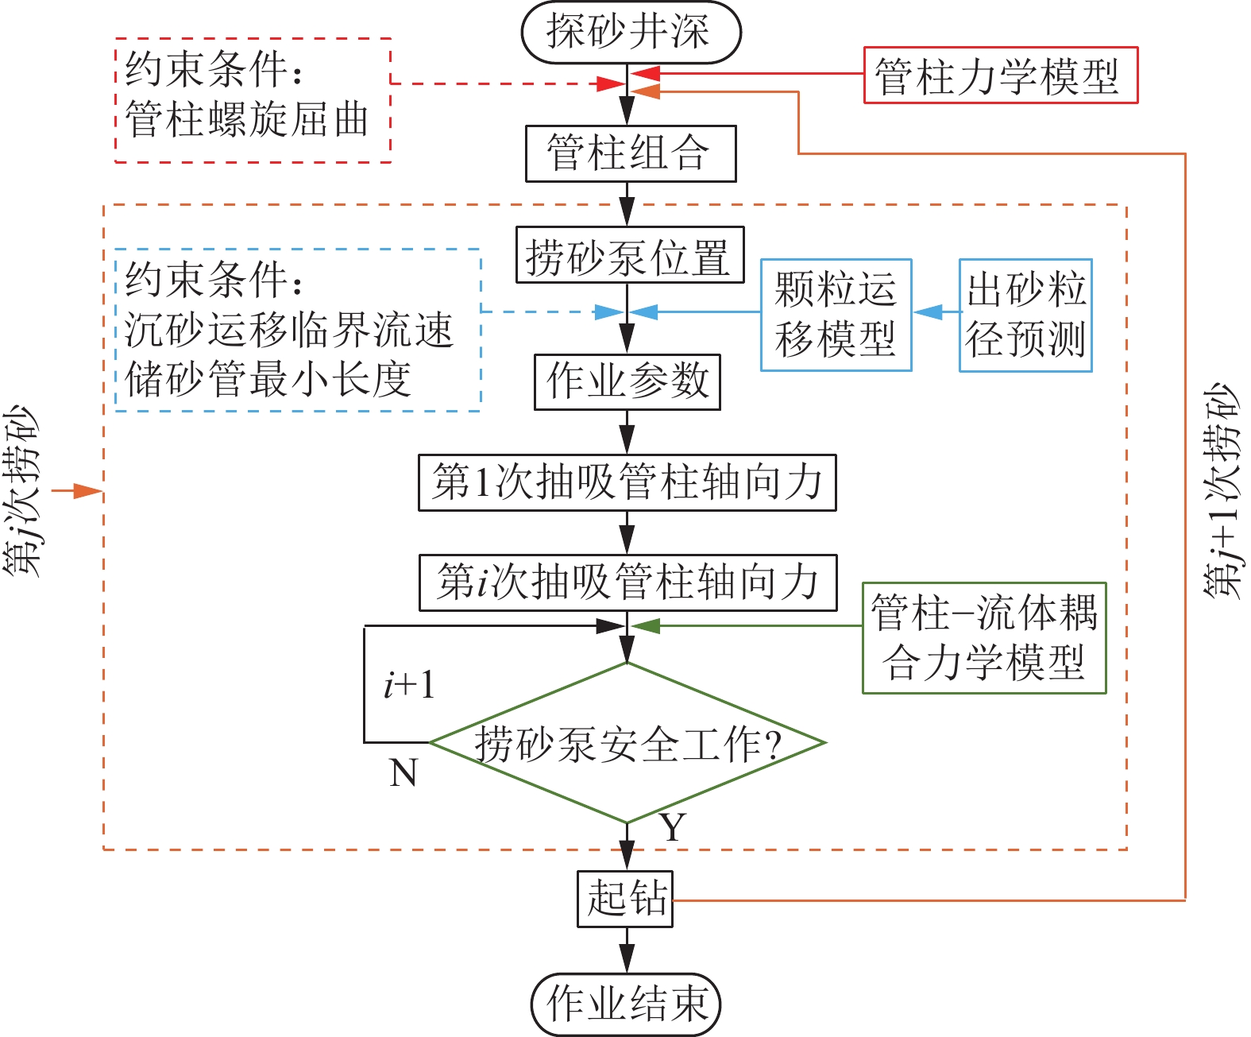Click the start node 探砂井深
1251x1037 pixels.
631,33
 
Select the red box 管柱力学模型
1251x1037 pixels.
1000,75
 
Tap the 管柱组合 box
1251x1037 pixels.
631,153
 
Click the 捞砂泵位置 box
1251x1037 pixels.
629,255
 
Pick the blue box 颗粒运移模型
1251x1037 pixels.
836,315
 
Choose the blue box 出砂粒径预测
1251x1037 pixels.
1025,315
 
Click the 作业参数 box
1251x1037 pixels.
627,382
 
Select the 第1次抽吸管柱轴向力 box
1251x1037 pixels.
627,482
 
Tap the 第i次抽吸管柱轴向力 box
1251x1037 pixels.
627,582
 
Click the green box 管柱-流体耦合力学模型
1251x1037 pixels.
984,638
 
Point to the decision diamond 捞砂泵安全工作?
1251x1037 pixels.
627,743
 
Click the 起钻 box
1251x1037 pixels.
625,899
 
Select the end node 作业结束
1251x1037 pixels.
626,1004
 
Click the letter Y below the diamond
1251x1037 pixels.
672,827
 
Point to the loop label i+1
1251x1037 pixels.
409,685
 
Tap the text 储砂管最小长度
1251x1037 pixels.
268,379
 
